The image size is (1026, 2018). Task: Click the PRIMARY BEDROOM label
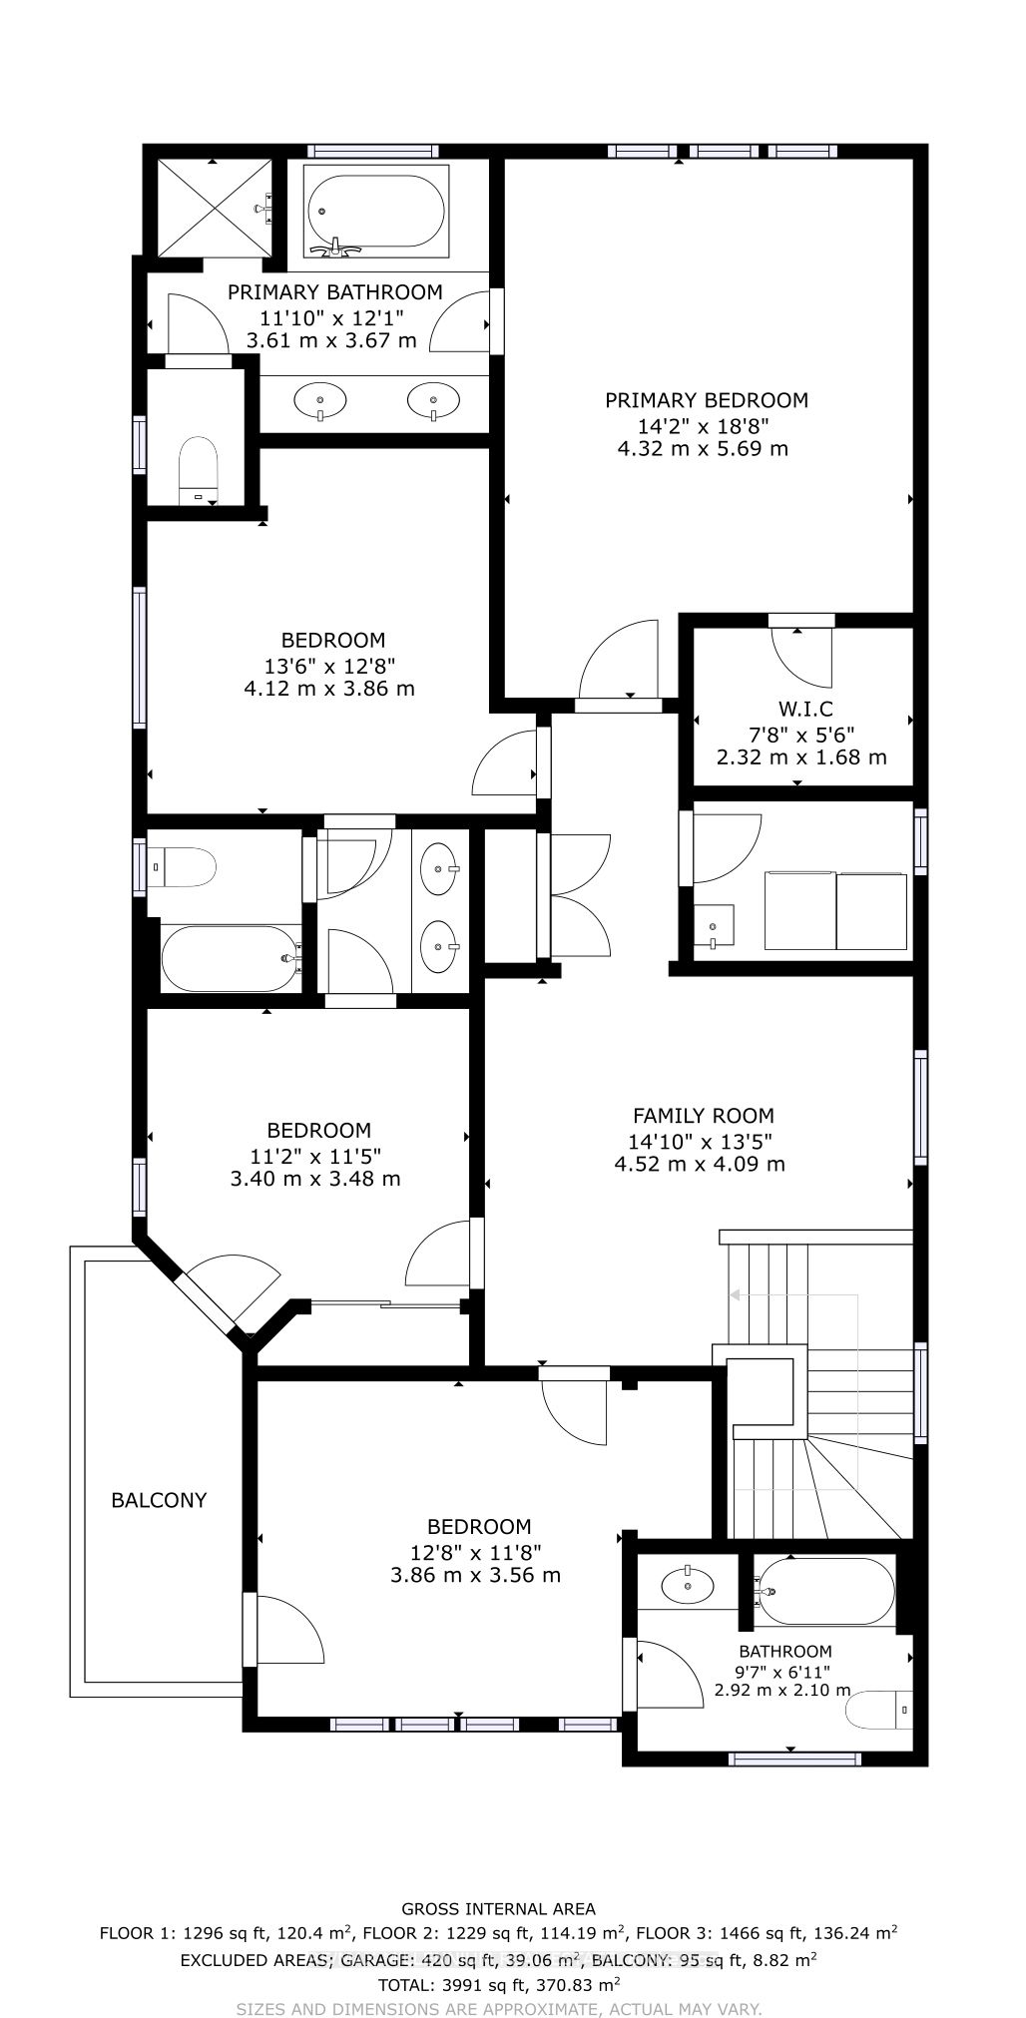[x=707, y=400]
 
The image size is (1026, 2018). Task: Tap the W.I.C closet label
[x=805, y=710]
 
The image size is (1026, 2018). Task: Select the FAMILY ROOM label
[x=704, y=1116]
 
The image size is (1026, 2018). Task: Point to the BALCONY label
[x=159, y=1500]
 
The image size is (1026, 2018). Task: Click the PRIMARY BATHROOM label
[x=335, y=292]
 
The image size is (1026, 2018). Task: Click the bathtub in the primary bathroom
[x=377, y=211]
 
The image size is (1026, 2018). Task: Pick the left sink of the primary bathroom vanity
[x=321, y=401]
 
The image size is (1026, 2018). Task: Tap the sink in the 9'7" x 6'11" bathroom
[x=688, y=1584]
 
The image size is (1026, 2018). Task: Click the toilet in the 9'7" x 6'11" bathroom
[x=879, y=1712]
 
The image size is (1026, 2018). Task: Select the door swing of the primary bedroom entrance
[x=619, y=659]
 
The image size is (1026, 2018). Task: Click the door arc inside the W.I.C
[x=801, y=658]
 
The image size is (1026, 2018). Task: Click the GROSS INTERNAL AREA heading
[x=498, y=1908]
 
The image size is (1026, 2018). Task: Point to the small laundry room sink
[x=714, y=927]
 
